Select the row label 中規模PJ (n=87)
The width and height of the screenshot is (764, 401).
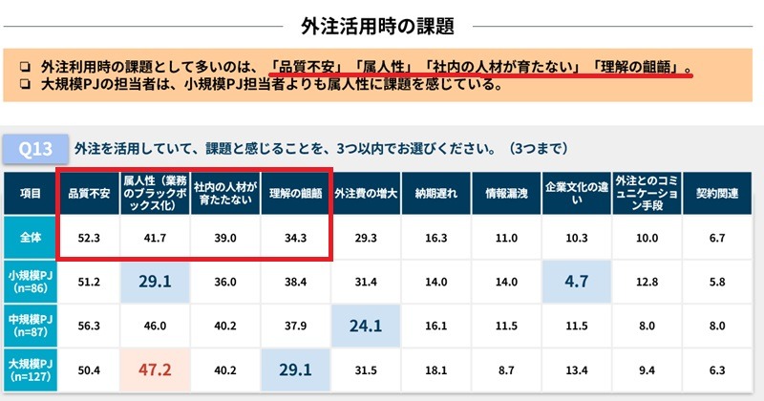point(29,324)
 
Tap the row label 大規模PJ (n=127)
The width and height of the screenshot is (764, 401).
point(29,370)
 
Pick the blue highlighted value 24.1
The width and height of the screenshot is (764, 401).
point(367,325)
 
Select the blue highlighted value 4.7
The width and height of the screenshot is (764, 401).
point(576,281)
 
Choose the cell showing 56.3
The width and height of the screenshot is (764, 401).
point(88,325)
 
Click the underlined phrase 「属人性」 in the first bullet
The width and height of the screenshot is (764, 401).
point(383,67)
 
